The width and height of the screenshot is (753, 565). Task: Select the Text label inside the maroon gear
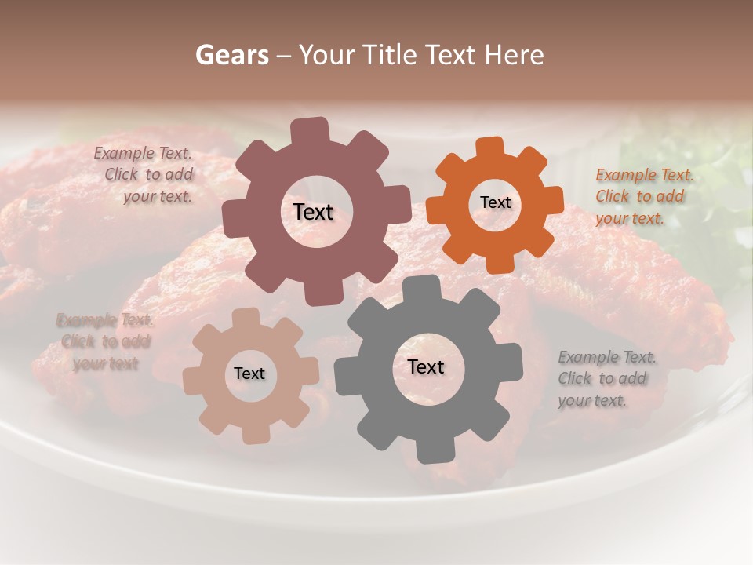click(x=313, y=212)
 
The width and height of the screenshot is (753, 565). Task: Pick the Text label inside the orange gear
click(x=495, y=202)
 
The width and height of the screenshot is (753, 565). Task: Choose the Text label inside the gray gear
click(x=426, y=367)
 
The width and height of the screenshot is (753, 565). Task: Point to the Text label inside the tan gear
click(x=249, y=374)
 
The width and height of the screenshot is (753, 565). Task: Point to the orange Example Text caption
click(x=644, y=196)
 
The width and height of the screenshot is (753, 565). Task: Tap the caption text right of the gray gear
click(x=606, y=378)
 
